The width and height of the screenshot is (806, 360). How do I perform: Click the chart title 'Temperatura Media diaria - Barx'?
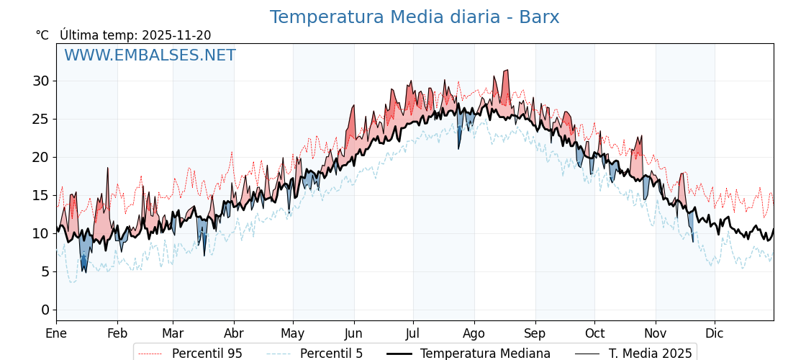pyautogui.click(x=415, y=17)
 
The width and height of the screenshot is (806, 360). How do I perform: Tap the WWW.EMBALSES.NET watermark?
pyautogui.click(x=150, y=55)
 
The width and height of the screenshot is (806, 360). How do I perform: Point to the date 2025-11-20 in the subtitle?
pyautogui.click(x=176, y=35)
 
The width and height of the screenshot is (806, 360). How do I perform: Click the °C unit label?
pyautogui.click(x=42, y=35)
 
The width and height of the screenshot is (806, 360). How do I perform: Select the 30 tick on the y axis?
pyautogui.click(x=40, y=81)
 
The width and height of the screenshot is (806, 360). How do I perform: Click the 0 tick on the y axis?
pyautogui.click(x=45, y=310)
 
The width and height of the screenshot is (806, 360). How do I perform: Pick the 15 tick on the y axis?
pyautogui.click(x=40, y=195)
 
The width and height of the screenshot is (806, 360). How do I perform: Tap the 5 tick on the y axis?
pyautogui.click(x=45, y=271)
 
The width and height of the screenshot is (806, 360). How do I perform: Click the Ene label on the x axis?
pyautogui.click(x=56, y=333)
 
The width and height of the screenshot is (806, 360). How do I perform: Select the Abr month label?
pyautogui.click(x=234, y=333)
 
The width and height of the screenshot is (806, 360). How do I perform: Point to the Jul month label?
pyautogui.click(x=413, y=333)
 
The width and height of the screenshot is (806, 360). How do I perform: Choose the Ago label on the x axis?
pyautogui.click(x=474, y=333)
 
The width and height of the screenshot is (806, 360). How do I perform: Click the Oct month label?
pyautogui.click(x=594, y=333)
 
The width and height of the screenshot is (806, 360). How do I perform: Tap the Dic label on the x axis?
pyautogui.click(x=715, y=333)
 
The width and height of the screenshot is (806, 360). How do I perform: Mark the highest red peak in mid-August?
pyautogui.click(x=507, y=71)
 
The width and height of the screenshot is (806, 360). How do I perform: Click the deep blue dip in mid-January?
pyautogui.click(x=84, y=268)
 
